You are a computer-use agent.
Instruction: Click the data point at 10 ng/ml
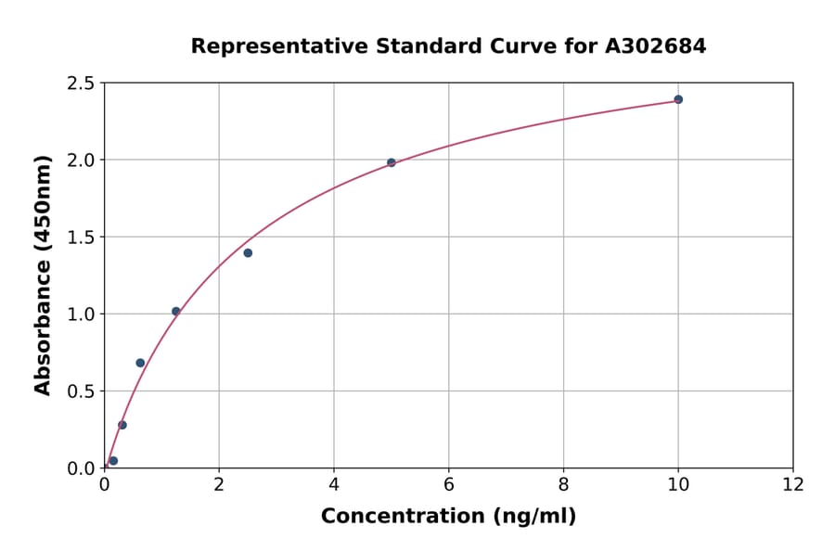pyautogui.click(x=678, y=99)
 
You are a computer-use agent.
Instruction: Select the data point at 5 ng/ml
pyautogui.click(x=392, y=162)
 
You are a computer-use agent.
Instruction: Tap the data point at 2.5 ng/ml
pyautogui.click(x=248, y=253)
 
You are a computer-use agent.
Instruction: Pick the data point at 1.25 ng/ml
pyautogui.click(x=176, y=312)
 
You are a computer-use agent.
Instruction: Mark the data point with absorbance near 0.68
pyautogui.click(x=140, y=363)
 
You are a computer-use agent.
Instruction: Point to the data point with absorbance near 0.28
pyautogui.click(x=122, y=425)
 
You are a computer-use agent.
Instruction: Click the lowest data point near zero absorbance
pyautogui.click(x=113, y=461)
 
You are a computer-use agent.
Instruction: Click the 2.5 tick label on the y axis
pyautogui.click(x=81, y=83)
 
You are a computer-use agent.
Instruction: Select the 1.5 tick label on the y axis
pyautogui.click(x=81, y=237)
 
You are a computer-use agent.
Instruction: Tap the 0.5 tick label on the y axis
pyautogui.click(x=81, y=391)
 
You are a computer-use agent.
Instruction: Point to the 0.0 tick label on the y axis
pyautogui.click(x=81, y=468)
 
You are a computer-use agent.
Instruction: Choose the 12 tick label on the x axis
pyautogui.click(x=793, y=484)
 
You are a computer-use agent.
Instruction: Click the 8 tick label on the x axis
pyautogui.click(x=563, y=484)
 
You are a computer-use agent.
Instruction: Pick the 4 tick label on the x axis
pyautogui.click(x=334, y=484)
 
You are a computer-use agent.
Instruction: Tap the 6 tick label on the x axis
pyautogui.click(x=449, y=484)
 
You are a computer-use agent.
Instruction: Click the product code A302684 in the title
pyautogui.click(x=656, y=45)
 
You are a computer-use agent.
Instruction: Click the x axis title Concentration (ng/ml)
pyautogui.click(x=448, y=517)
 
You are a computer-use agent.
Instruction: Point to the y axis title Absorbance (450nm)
pyautogui.click(x=43, y=275)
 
